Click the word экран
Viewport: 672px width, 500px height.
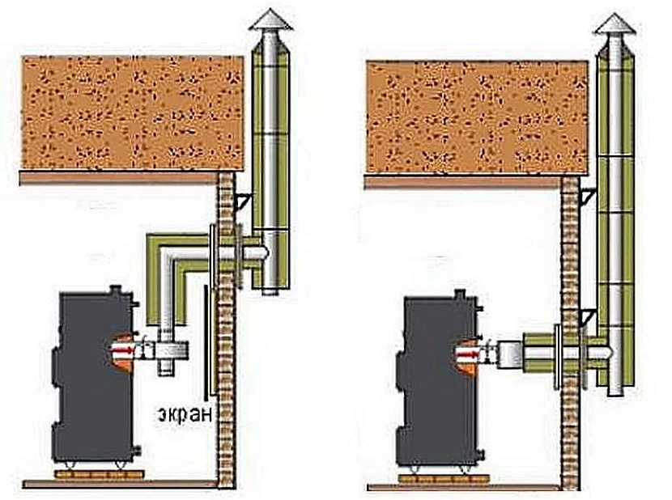[185, 415]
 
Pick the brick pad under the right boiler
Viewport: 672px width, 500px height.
[436, 478]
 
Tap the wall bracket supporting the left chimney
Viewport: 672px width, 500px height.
[240, 201]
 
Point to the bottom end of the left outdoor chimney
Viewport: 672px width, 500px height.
[268, 288]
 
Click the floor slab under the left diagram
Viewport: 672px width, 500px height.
[121, 484]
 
